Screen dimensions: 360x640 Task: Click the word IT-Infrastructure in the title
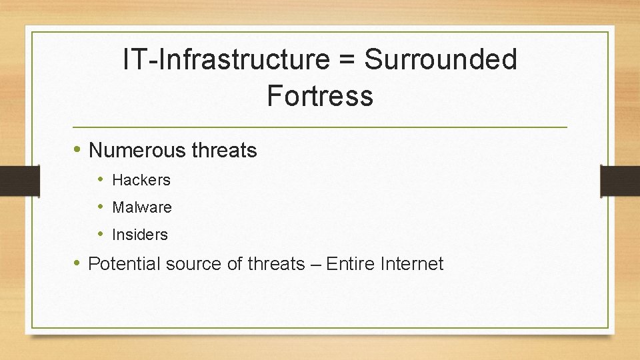(226, 60)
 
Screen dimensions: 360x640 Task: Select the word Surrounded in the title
(441, 60)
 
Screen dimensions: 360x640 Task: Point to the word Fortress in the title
(320, 96)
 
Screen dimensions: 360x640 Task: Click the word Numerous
(137, 151)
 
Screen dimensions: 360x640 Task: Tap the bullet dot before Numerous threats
(78, 150)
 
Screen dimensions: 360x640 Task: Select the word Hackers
(141, 180)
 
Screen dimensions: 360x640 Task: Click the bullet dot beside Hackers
(101, 179)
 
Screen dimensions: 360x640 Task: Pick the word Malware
(142, 207)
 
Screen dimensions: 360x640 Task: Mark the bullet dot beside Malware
(101, 207)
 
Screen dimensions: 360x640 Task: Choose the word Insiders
(140, 235)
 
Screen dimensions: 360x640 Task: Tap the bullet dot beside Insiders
(101, 234)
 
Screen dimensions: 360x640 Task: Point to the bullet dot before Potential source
(78, 263)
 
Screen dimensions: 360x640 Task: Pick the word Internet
(411, 264)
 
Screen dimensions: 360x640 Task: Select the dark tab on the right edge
(620, 181)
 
